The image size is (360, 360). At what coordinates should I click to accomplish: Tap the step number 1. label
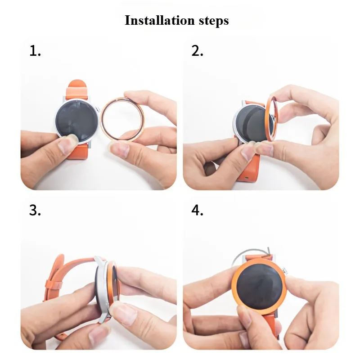(35, 51)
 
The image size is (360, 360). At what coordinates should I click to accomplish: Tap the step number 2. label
(197, 51)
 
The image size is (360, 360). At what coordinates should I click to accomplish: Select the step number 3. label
(35, 211)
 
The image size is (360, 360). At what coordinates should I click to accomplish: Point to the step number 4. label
(197, 211)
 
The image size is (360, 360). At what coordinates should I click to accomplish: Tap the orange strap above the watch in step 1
(77, 90)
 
